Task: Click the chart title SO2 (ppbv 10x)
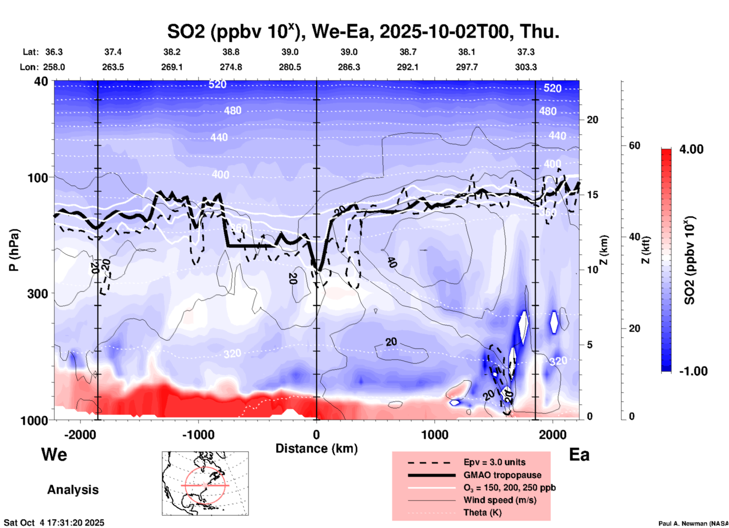point(234,32)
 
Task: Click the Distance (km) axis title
point(316,448)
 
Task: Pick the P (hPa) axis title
point(14,250)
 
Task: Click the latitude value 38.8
point(231,52)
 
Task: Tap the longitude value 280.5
point(290,67)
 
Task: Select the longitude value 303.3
point(526,67)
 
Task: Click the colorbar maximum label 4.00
point(691,149)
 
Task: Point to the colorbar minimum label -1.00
point(693,371)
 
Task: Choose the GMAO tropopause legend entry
point(502,475)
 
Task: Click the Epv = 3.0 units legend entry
point(494,462)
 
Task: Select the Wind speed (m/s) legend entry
point(500,500)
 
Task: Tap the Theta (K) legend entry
point(482,513)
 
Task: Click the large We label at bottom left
point(54,454)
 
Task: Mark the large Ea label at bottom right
point(579,455)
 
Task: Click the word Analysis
point(73,490)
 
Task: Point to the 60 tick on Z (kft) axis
point(634,145)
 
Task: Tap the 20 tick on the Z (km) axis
point(592,120)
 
